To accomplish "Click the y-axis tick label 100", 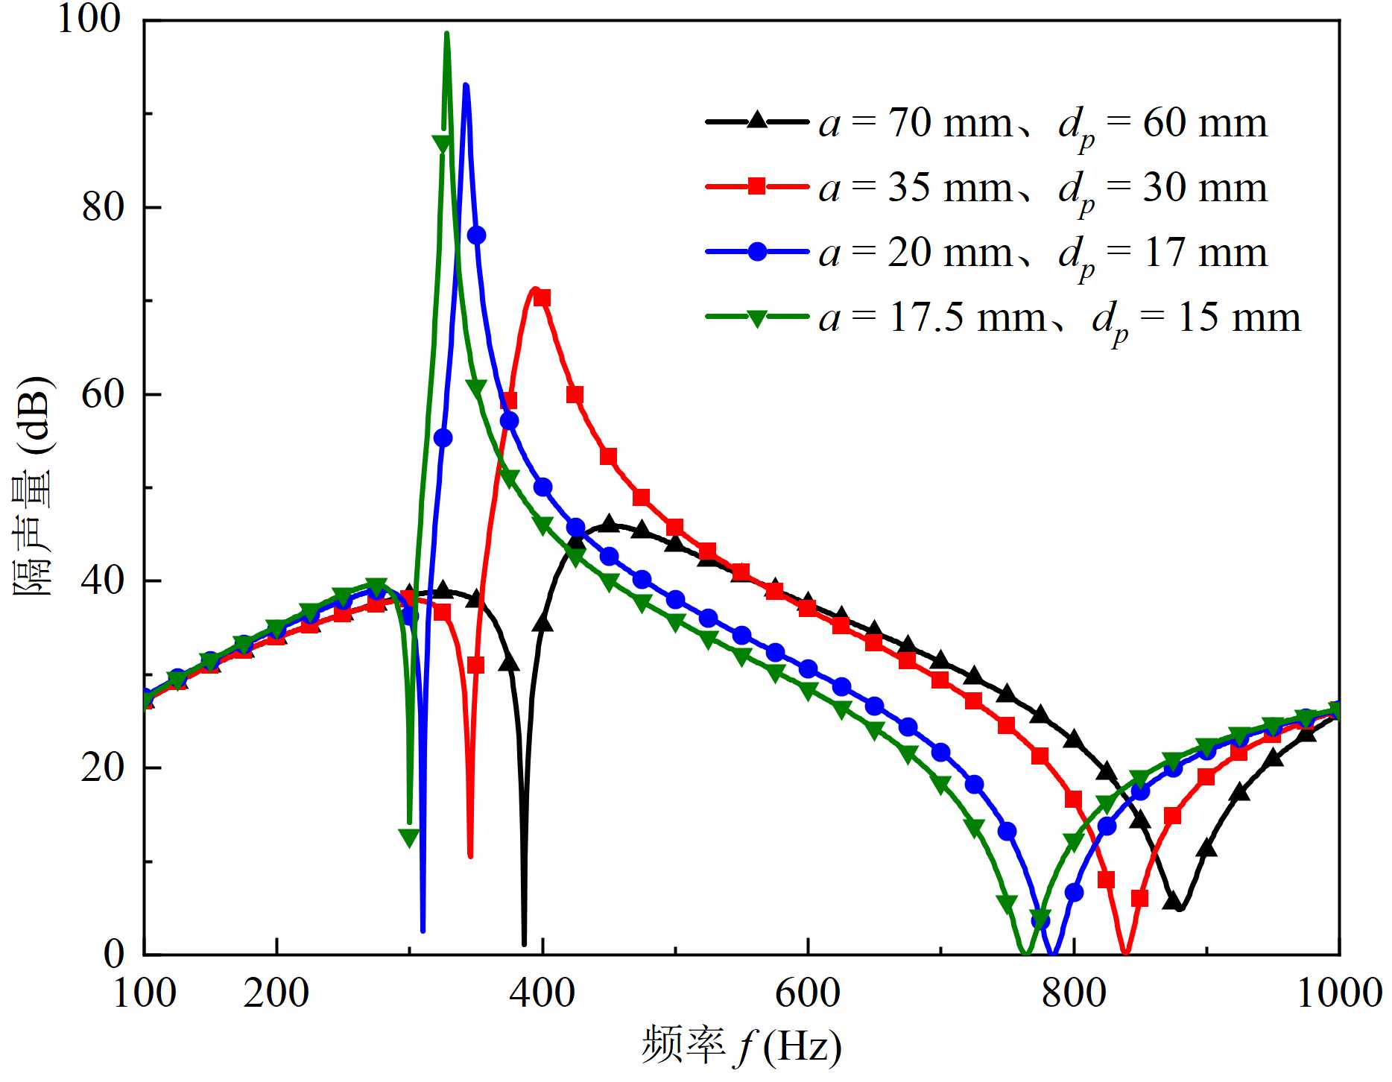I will pos(89,19).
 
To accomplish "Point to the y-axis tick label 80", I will pos(103,207).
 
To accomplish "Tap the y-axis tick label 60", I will pos(103,394).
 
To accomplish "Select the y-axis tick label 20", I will pos(103,768).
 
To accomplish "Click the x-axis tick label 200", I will pos(276,993).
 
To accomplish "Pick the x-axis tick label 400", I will pos(542,993).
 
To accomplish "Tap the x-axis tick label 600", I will pos(808,993).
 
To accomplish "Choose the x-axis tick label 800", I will pos(1074,993).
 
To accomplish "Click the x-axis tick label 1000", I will pos(1340,993).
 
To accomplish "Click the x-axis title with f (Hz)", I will pos(742,1046).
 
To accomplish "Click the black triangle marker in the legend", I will pos(757,121).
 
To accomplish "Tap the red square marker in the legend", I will pos(757,186).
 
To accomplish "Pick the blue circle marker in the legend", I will pos(757,251).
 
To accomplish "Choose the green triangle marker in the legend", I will pos(757,317).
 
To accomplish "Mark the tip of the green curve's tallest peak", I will pos(446,34).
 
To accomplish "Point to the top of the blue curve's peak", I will pos(466,86).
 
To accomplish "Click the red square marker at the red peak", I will pos(542,298).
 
